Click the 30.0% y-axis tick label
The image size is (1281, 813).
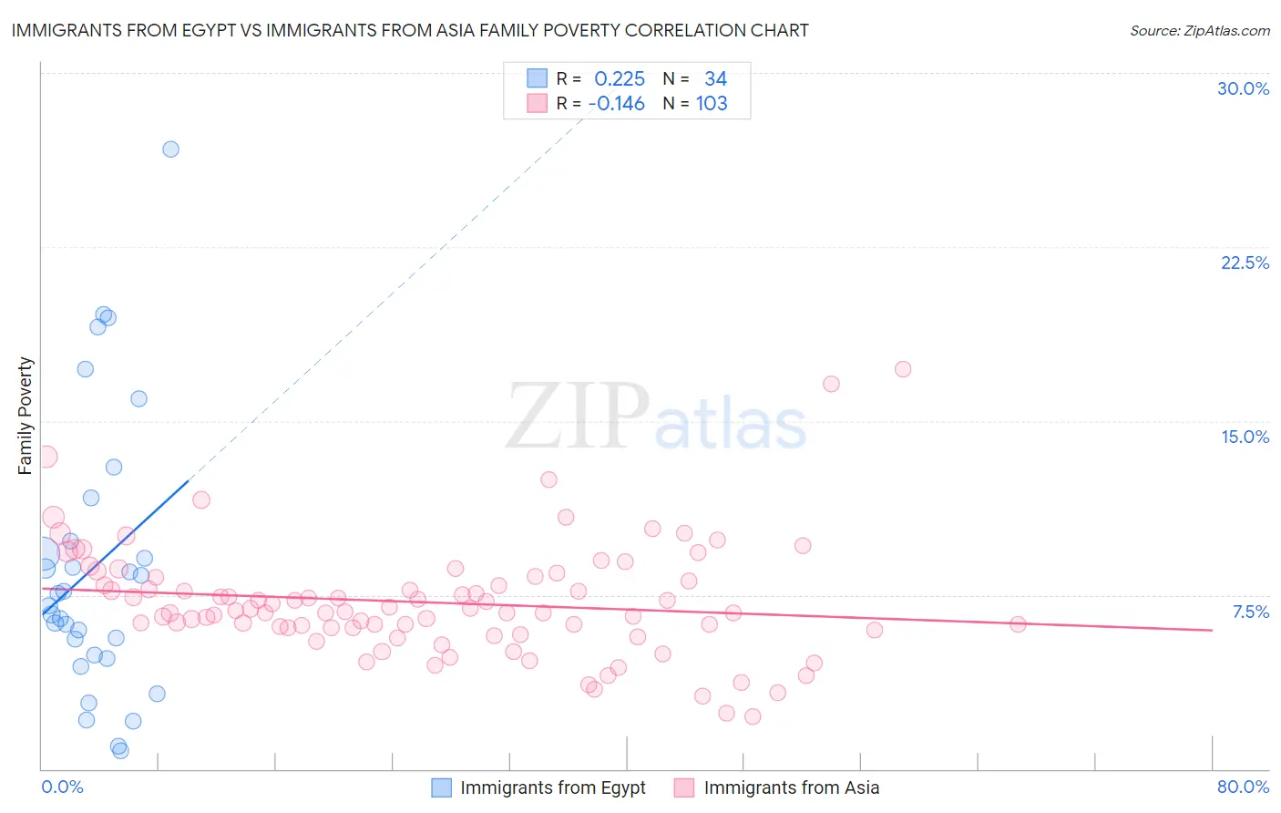1243,88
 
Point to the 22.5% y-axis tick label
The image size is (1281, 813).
1245,262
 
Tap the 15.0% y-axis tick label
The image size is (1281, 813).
1245,437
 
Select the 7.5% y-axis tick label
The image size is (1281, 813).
1250,612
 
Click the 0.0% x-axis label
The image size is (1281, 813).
62,787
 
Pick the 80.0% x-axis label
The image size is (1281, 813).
1243,787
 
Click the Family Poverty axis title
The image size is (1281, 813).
26,416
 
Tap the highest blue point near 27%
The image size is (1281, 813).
170,149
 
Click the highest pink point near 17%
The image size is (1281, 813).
903,369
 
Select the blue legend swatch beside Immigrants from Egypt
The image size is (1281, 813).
441,787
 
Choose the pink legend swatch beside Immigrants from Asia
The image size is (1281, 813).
684,787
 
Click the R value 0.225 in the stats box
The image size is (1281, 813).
620,79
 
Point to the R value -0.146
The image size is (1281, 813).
617,104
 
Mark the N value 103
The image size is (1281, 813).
712,104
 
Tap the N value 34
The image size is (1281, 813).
715,79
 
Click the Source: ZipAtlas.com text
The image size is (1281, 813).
1199,31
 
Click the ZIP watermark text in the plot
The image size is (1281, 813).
578,417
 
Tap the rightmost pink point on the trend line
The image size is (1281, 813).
1018,624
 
